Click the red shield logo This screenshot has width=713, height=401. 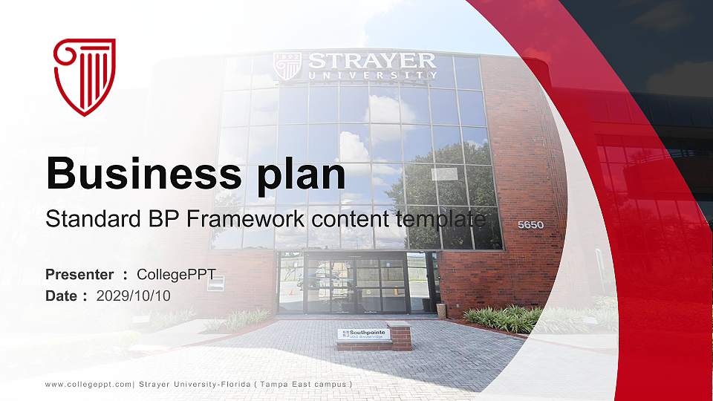point(85,76)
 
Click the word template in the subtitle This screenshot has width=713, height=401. point(441,220)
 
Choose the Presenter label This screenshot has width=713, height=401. point(79,275)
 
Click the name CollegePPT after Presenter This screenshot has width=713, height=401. point(177,275)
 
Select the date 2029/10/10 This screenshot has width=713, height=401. point(134,296)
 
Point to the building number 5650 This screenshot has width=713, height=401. point(530,224)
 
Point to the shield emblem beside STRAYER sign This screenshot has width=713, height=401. point(287,66)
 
